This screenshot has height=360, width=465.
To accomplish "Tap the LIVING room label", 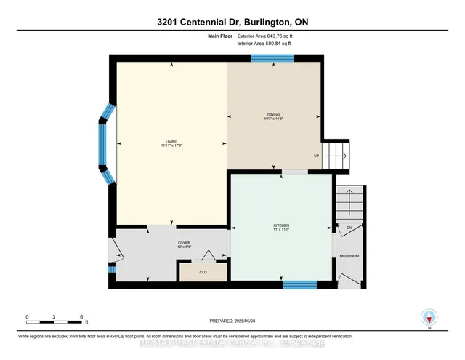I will pos(171,141).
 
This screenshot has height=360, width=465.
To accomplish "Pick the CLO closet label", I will pos(204,272).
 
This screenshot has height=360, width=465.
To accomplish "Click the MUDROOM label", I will pos(350,256).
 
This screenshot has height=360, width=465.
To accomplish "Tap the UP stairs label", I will pos(316,156).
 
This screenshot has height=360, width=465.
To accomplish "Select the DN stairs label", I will pos(349,228).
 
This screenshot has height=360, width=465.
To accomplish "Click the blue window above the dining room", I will pos(272,57).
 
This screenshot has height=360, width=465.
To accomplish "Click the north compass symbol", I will pos(429,318).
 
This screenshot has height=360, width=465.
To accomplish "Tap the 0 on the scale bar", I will pos(27,317).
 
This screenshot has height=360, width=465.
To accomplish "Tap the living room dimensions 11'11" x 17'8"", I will pos(171,146).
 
